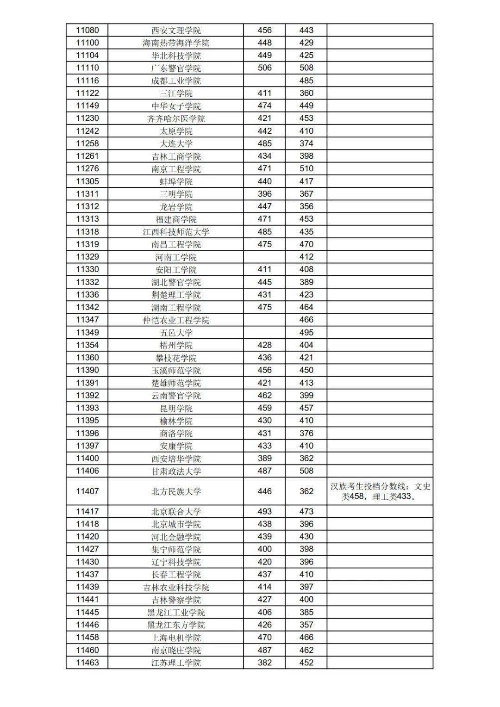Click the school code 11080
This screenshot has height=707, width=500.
pyautogui.click(x=87, y=31)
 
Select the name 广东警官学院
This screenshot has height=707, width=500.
pyautogui.click(x=176, y=68)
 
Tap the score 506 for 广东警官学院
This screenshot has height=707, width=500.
pyautogui.click(x=264, y=68)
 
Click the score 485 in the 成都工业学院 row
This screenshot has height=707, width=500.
pyautogui.click(x=306, y=81)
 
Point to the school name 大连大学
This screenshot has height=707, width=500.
pyautogui.click(x=176, y=143)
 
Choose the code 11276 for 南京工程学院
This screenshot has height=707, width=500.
pyautogui.click(x=87, y=168)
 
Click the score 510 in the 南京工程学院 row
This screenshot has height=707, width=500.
pyautogui.click(x=306, y=168)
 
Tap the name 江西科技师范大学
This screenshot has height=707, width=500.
pyautogui.click(x=176, y=232)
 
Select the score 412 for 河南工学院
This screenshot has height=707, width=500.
pyautogui.click(x=306, y=257)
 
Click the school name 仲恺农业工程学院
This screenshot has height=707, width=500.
pyautogui.click(x=176, y=320)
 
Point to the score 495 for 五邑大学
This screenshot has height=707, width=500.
pyautogui.click(x=306, y=332)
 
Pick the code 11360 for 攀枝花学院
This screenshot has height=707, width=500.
pyautogui.click(x=87, y=358)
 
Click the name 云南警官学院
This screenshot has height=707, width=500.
pyautogui.click(x=176, y=396)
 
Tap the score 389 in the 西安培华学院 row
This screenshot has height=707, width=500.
pyautogui.click(x=264, y=459)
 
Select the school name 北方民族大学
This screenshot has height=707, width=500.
pyautogui.click(x=176, y=491)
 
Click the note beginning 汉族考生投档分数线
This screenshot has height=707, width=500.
pyautogui.click(x=380, y=491)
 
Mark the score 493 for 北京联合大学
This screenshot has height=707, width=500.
pyautogui.click(x=264, y=511)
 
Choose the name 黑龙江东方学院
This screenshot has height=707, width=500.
pyautogui.click(x=176, y=625)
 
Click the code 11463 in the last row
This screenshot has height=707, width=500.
pyautogui.click(x=87, y=663)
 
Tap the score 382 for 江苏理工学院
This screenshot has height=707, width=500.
pyautogui.click(x=264, y=663)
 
